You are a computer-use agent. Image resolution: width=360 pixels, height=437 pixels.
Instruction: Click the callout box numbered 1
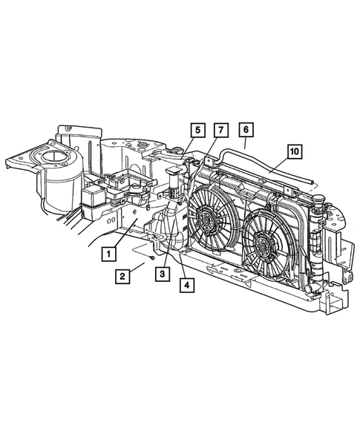coord(109,253)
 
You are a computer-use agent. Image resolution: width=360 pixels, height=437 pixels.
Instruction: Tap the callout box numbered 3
coord(160,274)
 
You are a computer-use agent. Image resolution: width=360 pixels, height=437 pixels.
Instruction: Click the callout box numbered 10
coord(294,151)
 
